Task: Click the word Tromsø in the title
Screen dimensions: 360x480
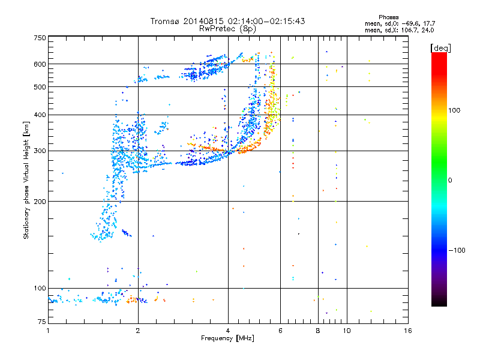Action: [x=165, y=21]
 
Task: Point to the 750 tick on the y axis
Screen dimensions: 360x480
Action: [x=40, y=38]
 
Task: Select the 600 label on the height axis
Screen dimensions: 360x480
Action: [x=40, y=64]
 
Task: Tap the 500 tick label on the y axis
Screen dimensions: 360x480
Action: [x=40, y=87]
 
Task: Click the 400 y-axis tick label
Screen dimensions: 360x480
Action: [x=40, y=115]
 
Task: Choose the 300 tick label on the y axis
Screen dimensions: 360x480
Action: [x=40, y=151]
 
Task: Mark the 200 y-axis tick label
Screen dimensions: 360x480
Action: [x=40, y=201]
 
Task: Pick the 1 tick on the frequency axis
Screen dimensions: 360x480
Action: [x=48, y=331]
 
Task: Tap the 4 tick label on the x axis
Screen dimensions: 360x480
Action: [x=228, y=331]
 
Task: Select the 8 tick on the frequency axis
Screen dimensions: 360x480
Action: [x=318, y=331]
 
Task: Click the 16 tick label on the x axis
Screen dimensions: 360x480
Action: [x=407, y=331]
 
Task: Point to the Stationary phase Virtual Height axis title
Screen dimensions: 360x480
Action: [x=26, y=180]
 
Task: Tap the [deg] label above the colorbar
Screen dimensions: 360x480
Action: [x=441, y=47]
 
